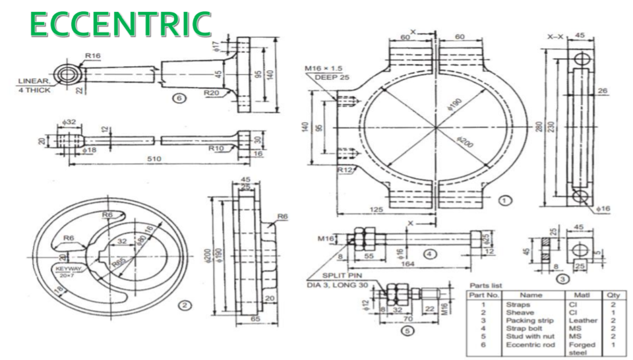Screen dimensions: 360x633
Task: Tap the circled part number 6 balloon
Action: point(177,98)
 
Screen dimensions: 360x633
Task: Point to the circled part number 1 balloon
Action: point(505,198)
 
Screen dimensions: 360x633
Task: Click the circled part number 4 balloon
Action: point(429,253)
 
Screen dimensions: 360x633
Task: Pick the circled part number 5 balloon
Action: point(408,331)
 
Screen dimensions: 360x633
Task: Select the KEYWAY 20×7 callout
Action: point(67,272)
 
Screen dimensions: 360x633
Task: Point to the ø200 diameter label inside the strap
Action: point(466,140)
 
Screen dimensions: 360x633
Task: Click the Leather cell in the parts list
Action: point(582,320)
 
